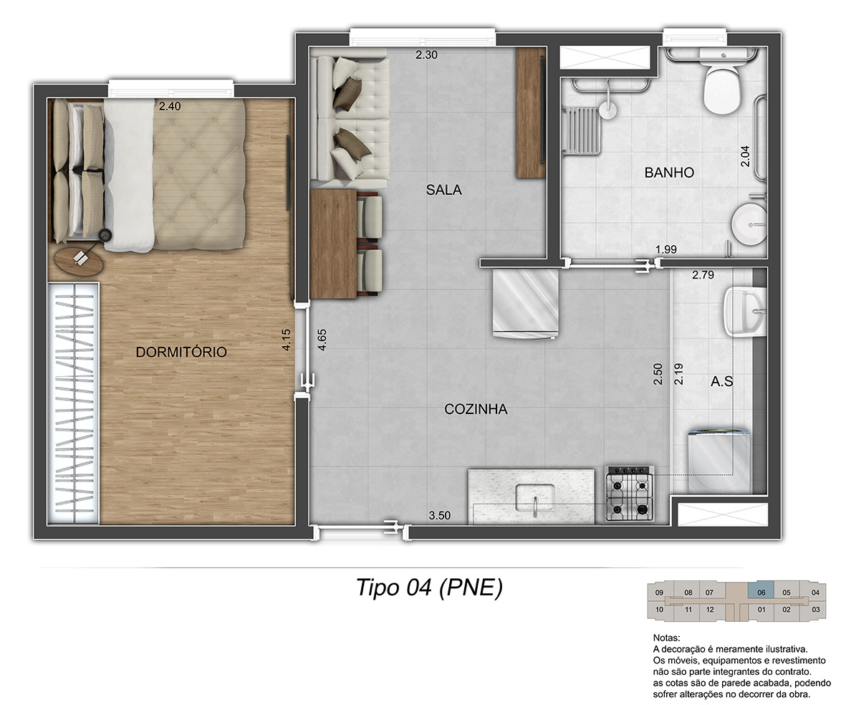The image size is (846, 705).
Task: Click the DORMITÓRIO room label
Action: pyautogui.click(x=181, y=352)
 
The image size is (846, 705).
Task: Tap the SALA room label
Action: pyautogui.click(x=444, y=190)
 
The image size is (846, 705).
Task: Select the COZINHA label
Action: pyautogui.click(x=476, y=409)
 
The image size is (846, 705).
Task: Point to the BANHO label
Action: pyautogui.click(x=669, y=173)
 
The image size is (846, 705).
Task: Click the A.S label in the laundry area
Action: pyautogui.click(x=722, y=382)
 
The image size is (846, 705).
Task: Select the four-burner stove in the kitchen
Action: pyautogui.click(x=630, y=494)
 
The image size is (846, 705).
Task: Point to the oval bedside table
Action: pyautogui.click(x=79, y=261)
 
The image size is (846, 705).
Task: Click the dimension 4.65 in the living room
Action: pyautogui.click(x=322, y=340)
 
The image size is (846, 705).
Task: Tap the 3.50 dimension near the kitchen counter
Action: pyautogui.click(x=440, y=516)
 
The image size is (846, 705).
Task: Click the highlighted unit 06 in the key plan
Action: pyautogui.click(x=761, y=593)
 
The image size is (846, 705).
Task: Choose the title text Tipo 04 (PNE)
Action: pyautogui.click(x=430, y=587)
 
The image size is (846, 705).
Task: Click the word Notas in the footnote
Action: pyautogui.click(x=667, y=638)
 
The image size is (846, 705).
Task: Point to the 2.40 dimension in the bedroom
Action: pyautogui.click(x=170, y=106)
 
